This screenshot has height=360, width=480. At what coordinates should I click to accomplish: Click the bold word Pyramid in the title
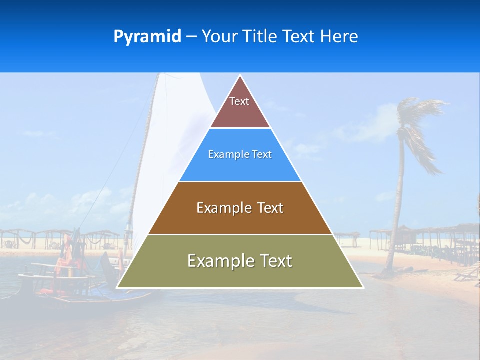point(147,37)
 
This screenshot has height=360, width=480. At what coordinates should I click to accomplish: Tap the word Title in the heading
point(261,37)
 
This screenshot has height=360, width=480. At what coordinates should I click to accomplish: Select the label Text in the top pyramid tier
point(239,101)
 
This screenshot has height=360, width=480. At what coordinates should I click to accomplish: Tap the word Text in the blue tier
point(262,155)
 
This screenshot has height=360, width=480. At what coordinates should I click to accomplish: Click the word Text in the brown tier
point(270,208)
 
